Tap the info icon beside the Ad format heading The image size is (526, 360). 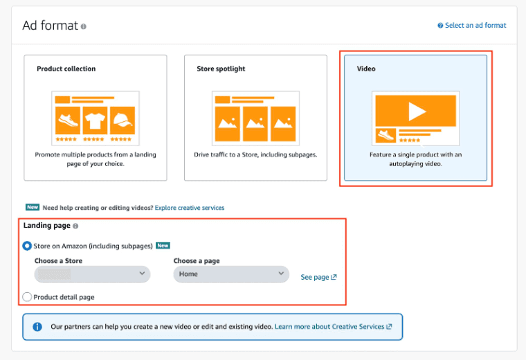[x=83, y=26]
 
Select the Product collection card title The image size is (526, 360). [x=66, y=69]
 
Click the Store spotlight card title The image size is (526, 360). [x=221, y=69]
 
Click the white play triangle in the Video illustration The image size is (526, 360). [x=417, y=111]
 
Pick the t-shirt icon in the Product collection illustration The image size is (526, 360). [x=95, y=120]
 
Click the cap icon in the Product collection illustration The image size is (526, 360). [x=123, y=120]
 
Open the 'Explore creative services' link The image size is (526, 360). [x=190, y=208]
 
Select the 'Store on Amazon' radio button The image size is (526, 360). [x=27, y=246]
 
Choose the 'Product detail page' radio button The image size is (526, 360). [x=27, y=297]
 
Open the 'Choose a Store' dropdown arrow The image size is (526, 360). [x=143, y=273]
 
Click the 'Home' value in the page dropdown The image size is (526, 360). [x=188, y=274]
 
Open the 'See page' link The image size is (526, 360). [x=318, y=277]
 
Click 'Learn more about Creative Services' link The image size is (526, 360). [x=333, y=327]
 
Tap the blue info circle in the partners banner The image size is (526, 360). [x=37, y=327]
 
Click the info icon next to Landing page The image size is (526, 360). [x=75, y=226]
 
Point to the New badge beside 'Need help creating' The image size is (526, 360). [x=33, y=207]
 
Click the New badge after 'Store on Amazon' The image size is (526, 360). [x=163, y=246]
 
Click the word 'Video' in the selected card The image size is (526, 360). [x=366, y=69]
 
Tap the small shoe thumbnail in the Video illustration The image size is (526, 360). [x=386, y=135]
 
